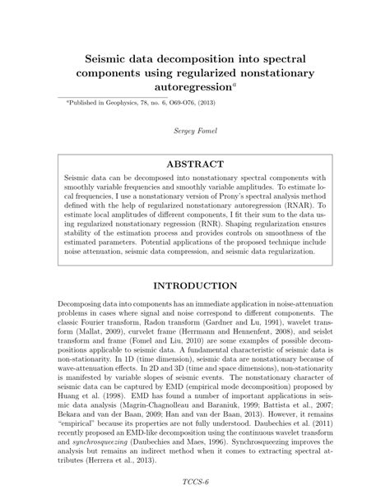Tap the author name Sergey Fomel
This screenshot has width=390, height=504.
pyautogui.click(x=195, y=131)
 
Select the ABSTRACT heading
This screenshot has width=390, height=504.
pyautogui.click(x=195, y=163)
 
